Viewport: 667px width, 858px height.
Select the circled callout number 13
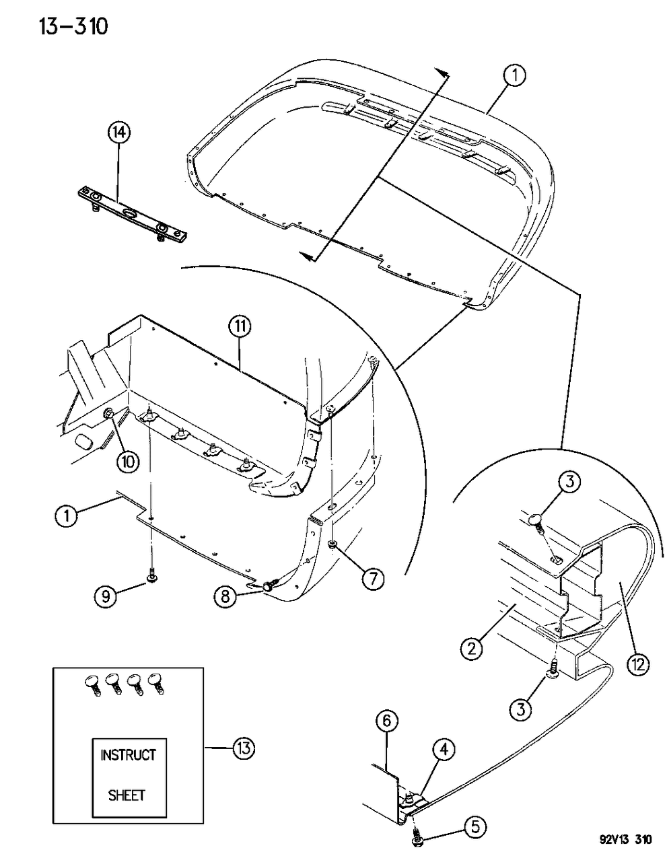pos(244,748)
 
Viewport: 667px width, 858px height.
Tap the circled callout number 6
pos(386,722)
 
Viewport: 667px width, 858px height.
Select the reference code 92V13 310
pos(625,841)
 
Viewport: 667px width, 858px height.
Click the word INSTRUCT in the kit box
pos(128,755)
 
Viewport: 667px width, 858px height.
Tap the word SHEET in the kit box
pos(127,795)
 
